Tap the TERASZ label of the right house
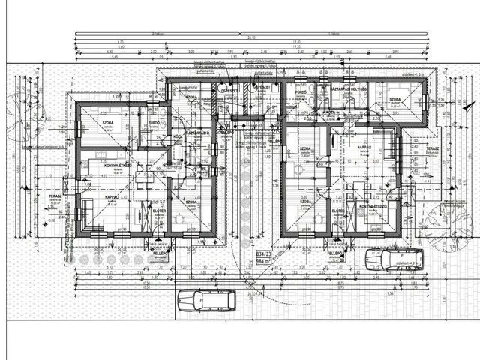click(x=433, y=148)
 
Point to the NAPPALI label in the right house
click(x=365, y=147)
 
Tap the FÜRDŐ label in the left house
click(x=154, y=122)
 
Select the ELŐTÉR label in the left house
click(x=159, y=211)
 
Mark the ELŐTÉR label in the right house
click(x=338, y=211)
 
